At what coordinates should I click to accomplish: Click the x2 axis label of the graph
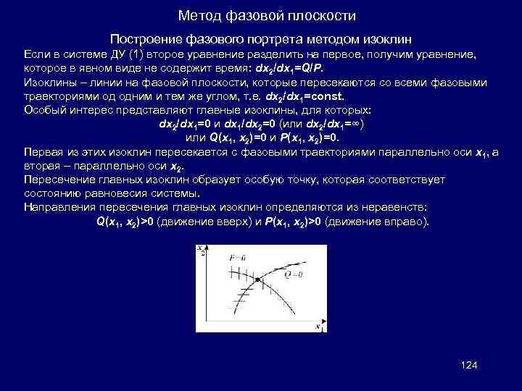tap(201, 250)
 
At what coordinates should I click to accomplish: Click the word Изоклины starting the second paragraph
tap(49, 82)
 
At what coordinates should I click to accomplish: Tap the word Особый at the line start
tap(43, 109)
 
